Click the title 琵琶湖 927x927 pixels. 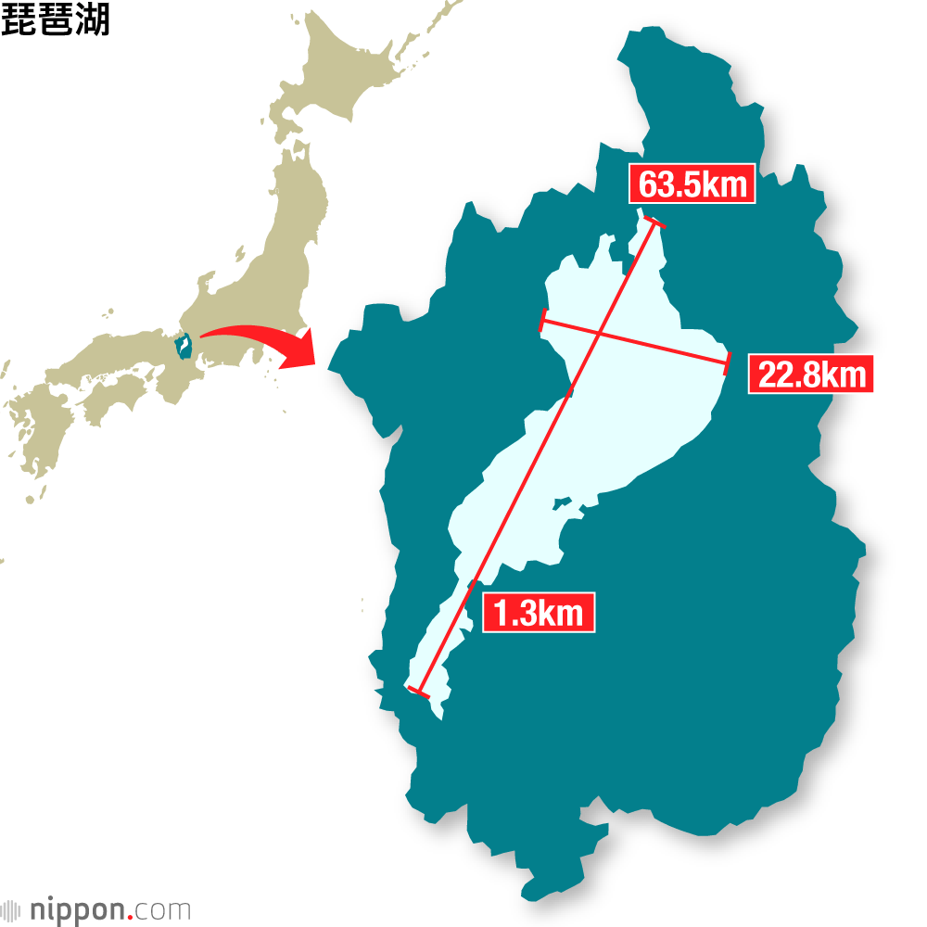[56, 20]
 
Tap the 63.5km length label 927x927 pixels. [692, 184]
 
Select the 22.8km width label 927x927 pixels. [810, 374]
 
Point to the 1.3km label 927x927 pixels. [538, 613]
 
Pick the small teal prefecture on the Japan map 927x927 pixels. [184, 346]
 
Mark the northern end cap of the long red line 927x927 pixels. [654, 222]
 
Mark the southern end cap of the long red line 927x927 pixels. [418, 691]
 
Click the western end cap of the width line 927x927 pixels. [541, 321]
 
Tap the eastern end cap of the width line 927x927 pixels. [730, 362]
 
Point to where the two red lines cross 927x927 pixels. [600, 334]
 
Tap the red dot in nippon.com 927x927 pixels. [131, 915]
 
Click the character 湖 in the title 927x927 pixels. [93, 20]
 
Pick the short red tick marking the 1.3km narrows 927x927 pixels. [473, 583]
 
